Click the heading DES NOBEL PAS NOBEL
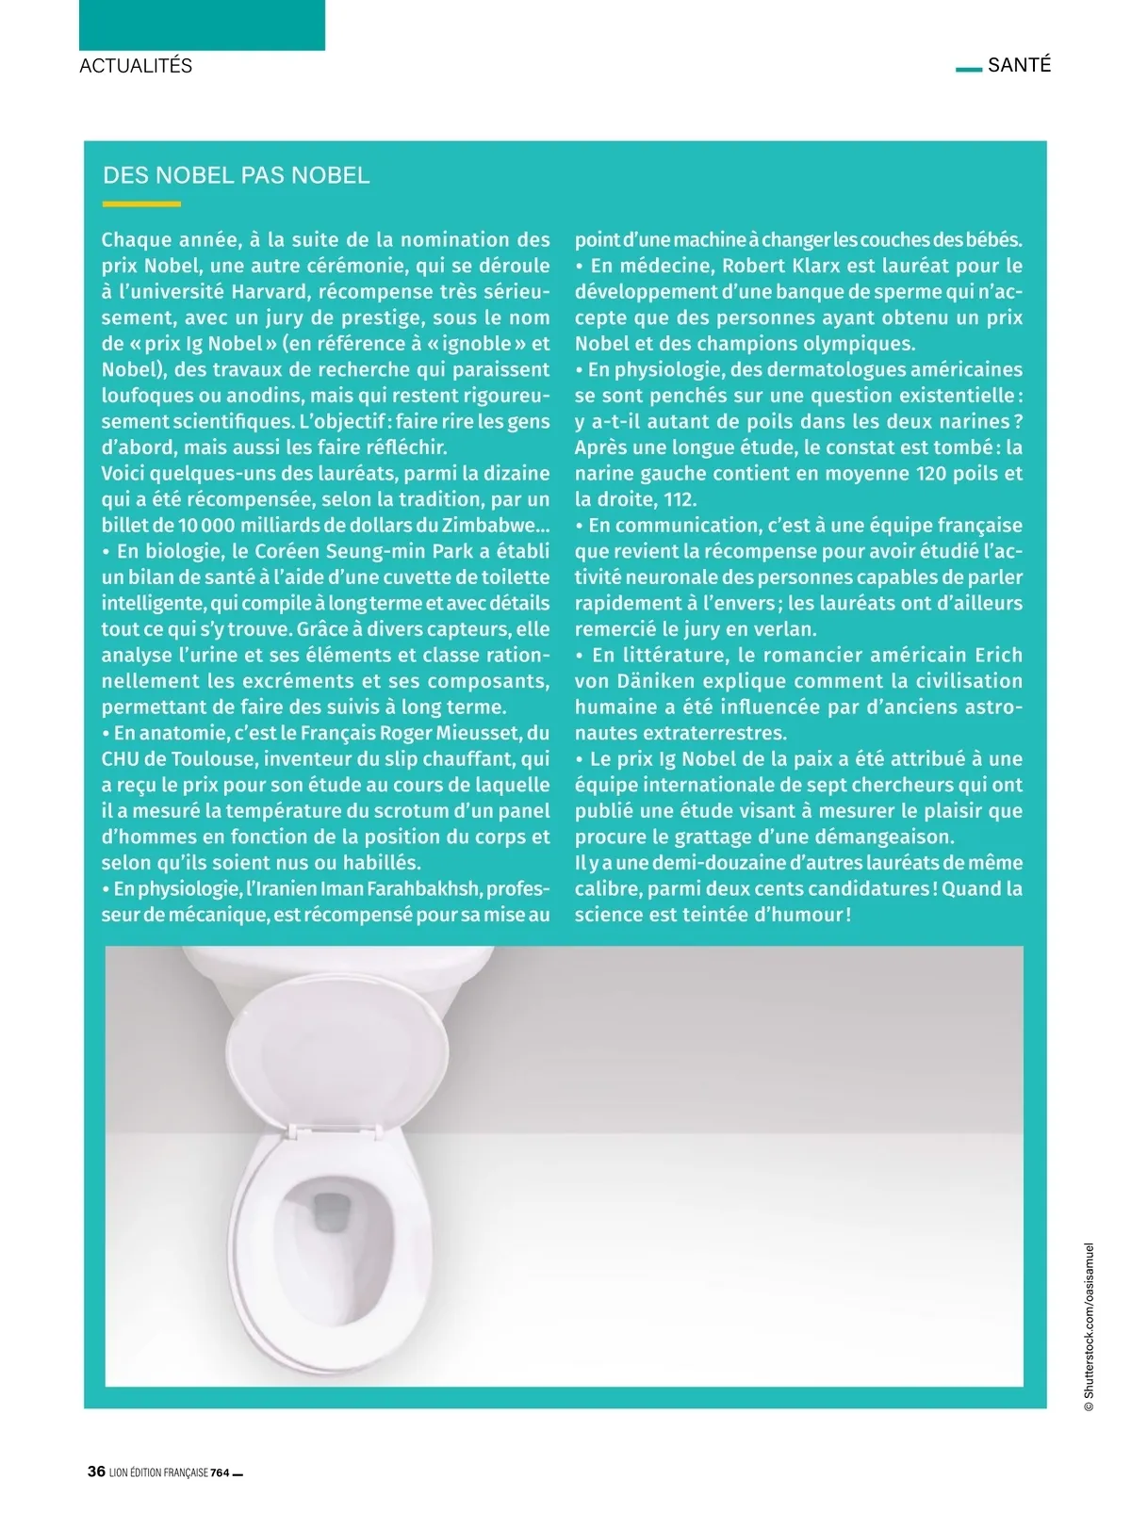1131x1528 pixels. pyautogui.click(x=236, y=175)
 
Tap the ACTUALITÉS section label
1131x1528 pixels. pyautogui.click(x=136, y=66)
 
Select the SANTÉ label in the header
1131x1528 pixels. pyautogui.click(x=1019, y=65)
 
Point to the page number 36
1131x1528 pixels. pyautogui.click(x=96, y=1471)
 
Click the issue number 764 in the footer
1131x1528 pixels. pyautogui.click(x=220, y=1472)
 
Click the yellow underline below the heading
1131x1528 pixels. pyautogui.click(x=141, y=203)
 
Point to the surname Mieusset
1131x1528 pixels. pyautogui.click(x=478, y=733)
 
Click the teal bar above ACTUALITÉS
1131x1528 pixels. pyautogui.click(x=202, y=24)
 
